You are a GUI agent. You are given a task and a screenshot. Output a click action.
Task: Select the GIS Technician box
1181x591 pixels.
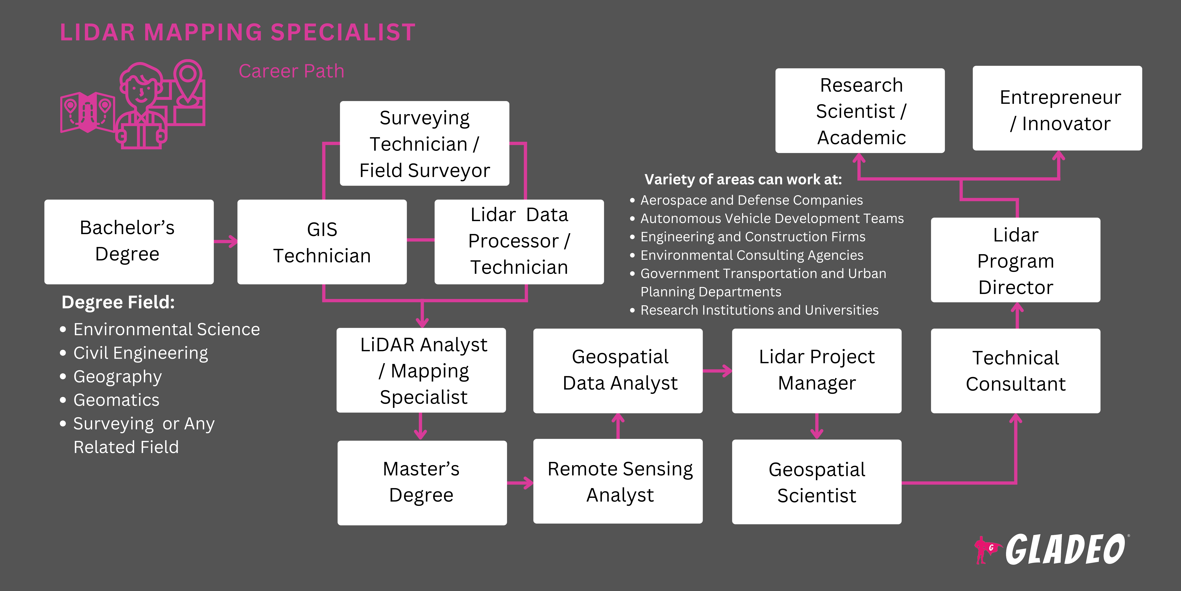tap(322, 242)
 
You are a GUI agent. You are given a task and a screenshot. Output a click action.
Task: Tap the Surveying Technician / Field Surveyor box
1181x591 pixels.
tap(425, 144)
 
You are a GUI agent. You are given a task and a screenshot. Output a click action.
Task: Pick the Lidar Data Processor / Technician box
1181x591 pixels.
tap(519, 242)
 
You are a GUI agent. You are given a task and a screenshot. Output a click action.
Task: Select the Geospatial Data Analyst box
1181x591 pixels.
tap(618, 370)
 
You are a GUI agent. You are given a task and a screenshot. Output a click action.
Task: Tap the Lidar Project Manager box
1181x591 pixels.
tap(817, 370)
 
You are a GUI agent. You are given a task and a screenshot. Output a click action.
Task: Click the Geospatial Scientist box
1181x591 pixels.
tap(817, 482)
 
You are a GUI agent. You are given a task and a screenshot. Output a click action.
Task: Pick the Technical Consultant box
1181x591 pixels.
tap(1015, 370)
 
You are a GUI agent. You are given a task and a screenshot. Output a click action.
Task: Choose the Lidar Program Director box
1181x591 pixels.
tap(1015, 260)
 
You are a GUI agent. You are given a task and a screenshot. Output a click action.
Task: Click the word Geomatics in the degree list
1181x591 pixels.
tap(117, 400)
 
